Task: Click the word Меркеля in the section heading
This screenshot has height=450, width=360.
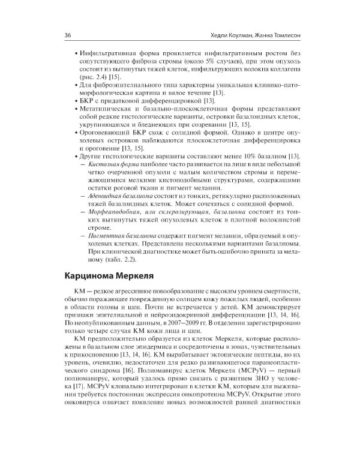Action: [x=131, y=276]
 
